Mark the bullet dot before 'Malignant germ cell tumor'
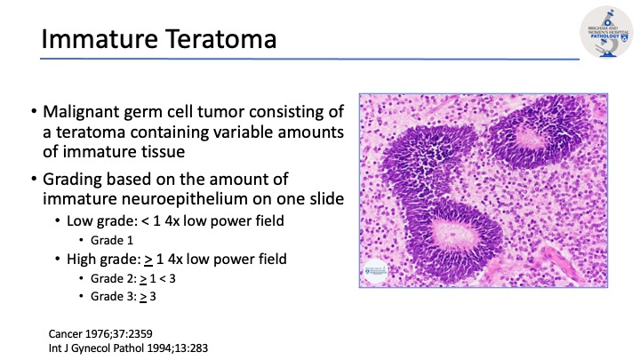33,114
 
